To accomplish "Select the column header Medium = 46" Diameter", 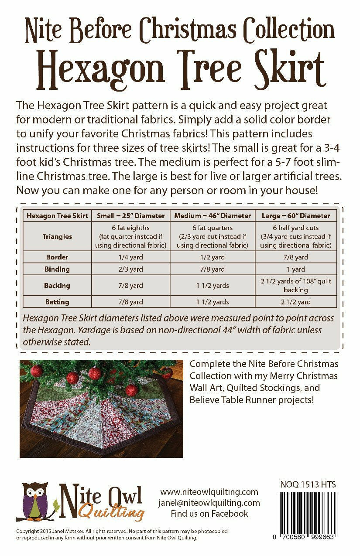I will coord(213,215).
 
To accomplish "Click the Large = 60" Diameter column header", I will coord(295,215).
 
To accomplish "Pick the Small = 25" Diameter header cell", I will coord(130,215).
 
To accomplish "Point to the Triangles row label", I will coord(57,236).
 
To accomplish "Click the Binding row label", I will coord(57,269).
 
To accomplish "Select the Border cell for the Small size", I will coord(130,257).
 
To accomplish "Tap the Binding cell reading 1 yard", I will coord(295,269).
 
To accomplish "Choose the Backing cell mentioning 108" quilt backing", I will coord(295,285).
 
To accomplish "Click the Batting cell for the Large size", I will coord(295,302).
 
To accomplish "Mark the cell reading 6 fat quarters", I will coord(213,228).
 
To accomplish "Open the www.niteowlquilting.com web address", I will coord(209,492).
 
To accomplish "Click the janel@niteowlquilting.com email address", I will coord(209,503).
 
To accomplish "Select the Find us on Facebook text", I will coord(209,514).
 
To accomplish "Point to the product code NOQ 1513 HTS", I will coord(308,484).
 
